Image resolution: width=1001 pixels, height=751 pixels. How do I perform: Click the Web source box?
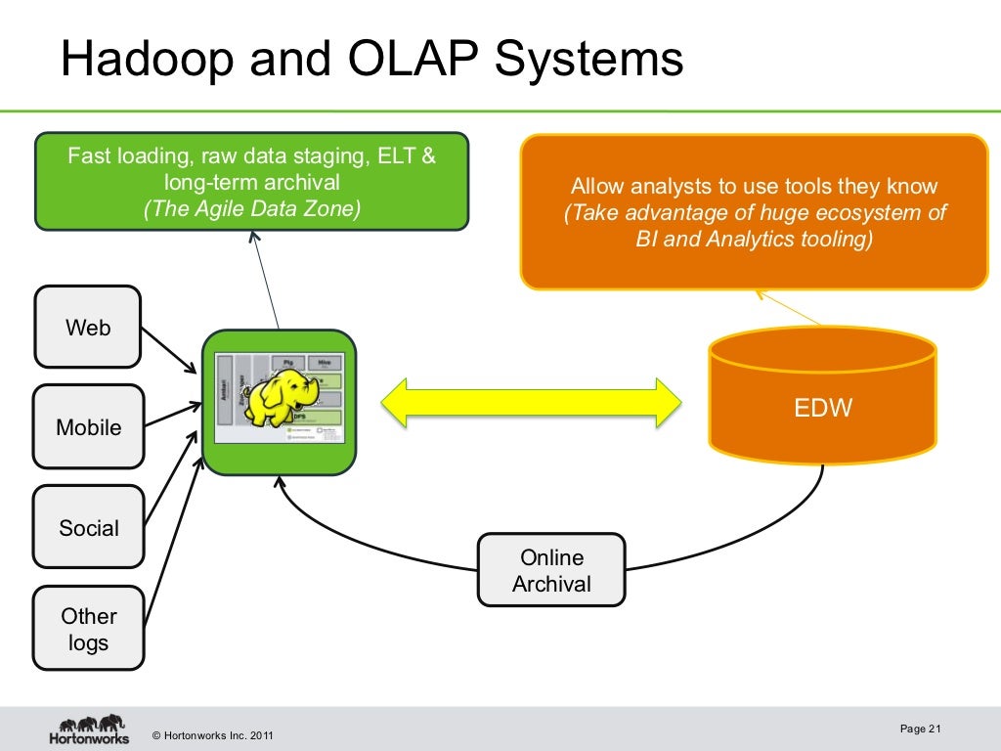click(x=88, y=327)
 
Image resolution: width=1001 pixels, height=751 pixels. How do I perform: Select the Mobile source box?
click(x=88, y=426)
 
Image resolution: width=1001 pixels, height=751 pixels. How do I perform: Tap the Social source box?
click(x=88, y=527)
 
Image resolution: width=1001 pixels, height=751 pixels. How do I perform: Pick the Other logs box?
click(x=88, y=629)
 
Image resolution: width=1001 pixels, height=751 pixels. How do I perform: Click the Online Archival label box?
click(x=551, y=570)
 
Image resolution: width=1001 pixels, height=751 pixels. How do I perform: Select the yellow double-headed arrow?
click(x=531, y=402)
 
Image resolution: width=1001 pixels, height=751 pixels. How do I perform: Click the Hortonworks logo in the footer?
click(x=89, y=729)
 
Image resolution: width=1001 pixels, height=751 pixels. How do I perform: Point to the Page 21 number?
click(x=919, y=729)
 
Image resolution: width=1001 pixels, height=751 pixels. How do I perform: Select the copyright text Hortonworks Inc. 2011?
click(x=213, y=735)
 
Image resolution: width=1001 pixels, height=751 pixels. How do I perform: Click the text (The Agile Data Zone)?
click(x=251, y=208)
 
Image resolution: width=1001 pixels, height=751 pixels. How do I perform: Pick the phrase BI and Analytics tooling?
click(x=753, y=240)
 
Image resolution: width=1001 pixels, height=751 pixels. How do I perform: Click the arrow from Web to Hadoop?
click(x=169, y=350)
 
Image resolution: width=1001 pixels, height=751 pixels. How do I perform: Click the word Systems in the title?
click(x=589, y=60)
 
